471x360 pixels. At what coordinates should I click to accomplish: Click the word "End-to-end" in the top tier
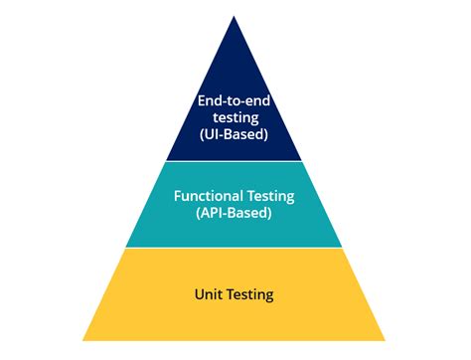coord(235,100)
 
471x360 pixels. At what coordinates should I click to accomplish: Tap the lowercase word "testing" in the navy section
coord(235,117)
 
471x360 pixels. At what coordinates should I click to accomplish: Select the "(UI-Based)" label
coord(235,134)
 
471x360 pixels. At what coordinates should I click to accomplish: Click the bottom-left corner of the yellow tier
coord(83,340)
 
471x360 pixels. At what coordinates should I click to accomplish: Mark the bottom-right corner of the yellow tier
coord(388,340)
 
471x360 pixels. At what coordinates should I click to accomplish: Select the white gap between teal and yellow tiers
coord(235,249)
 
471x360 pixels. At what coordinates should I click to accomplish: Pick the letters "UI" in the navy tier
coord(210,134)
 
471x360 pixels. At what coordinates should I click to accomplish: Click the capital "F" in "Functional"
coord(178,197)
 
